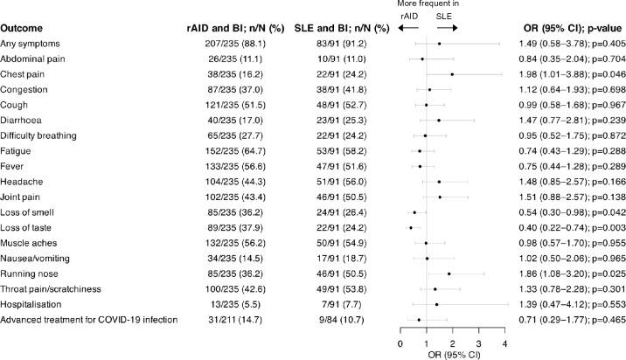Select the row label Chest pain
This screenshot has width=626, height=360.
(25, 73)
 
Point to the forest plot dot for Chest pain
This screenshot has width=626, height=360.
(452, 73)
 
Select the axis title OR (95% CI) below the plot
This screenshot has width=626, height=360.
(452, 353)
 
